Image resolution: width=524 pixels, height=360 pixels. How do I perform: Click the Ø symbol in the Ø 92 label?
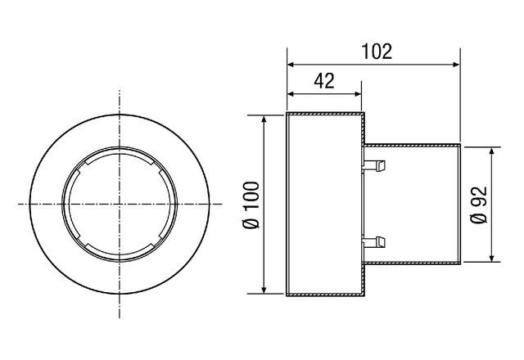click(x=480, y=222)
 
